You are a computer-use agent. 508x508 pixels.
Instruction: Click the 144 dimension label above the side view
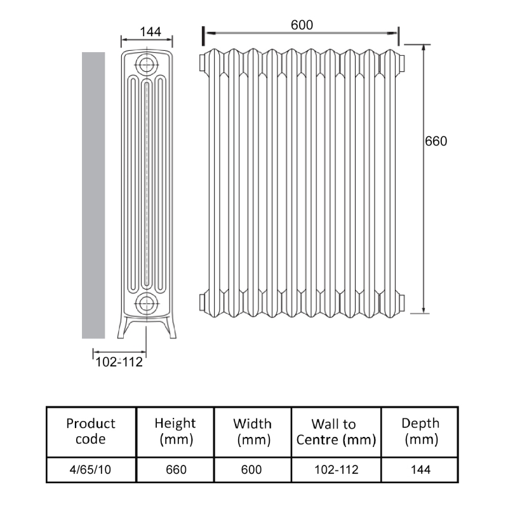[147, 31]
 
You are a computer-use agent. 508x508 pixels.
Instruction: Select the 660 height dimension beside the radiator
[436, 141]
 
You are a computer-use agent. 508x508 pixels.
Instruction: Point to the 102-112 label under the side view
[119, 363]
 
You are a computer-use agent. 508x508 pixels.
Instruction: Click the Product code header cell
[91, 431]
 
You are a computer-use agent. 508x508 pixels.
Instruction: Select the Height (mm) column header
[176, 431]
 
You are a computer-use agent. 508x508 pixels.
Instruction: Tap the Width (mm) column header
[252, 431]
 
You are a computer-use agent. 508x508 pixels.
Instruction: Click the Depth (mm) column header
[420, 431]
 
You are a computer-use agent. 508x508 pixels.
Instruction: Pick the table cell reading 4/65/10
[91, 470]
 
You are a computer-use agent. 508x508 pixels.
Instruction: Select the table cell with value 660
[176, 470]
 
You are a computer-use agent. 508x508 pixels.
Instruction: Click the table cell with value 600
[252, 470]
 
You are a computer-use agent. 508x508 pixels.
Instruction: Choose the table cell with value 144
[420, 470]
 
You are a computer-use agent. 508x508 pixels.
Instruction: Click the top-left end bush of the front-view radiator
[203, 62]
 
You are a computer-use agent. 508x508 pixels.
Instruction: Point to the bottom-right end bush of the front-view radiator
[401, 300]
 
